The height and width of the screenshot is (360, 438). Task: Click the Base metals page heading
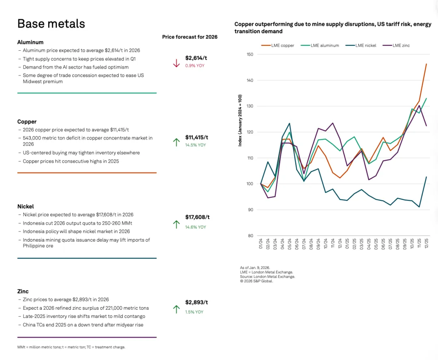click(x=51, y=24)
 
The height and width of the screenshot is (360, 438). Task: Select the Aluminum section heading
click(x=30, y=42)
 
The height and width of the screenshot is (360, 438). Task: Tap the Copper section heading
click(x=27, y=122)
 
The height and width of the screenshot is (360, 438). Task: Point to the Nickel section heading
click(x=26, y=206)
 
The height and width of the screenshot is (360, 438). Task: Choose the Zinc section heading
click(x=23, y=291)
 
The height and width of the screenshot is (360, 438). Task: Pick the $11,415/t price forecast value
click(x=197, y=137)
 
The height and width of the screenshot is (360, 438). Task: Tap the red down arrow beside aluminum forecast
click(x=176, y=63)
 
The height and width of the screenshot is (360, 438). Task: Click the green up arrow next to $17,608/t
click(x=176, y=224)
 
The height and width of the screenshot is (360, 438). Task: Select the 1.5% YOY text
click(x=194, y=312)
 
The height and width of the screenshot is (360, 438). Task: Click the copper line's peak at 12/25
click(x=426, y=64)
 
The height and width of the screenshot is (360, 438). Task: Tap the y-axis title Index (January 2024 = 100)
click(x=240, y=120)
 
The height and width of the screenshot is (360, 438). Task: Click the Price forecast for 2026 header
click(x=190, y=37)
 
